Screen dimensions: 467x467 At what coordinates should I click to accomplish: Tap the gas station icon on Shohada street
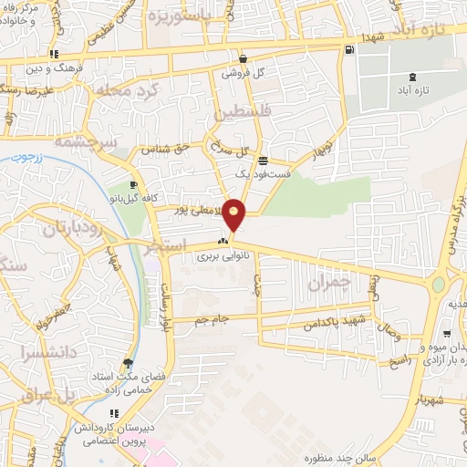click(351, 48)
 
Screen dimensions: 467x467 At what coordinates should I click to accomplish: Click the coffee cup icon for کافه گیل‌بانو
click(133, 185)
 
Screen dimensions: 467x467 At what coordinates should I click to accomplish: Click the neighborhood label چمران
click(328, 285)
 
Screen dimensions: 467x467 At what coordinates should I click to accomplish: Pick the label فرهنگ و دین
click(70, 67)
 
